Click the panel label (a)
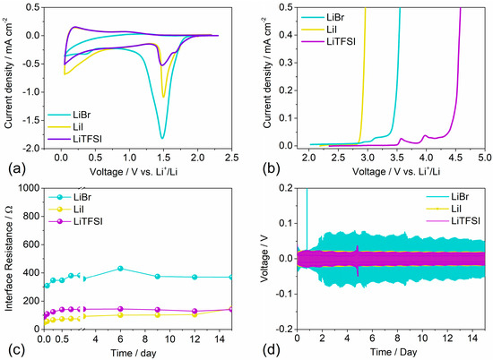[13, 167]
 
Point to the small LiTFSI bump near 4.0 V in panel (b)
[425, 136]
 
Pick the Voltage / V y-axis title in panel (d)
[269, 259]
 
